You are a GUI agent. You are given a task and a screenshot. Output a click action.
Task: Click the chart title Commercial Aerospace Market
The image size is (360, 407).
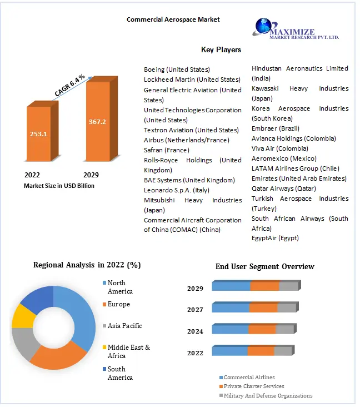click(173, 19)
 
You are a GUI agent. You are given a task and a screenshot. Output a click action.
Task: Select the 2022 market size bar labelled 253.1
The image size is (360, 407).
click(38, 133)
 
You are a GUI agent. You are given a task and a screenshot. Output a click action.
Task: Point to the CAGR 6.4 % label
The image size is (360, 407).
click(69, 84)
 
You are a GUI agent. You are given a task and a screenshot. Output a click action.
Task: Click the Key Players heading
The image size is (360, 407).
click(221, 49)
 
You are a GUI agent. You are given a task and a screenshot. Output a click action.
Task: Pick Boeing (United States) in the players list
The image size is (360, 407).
click(177, 70)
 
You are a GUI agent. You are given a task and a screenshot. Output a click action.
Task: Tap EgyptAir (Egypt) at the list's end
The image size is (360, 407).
click(275, 238)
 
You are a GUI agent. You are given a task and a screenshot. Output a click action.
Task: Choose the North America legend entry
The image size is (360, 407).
click(120, 287)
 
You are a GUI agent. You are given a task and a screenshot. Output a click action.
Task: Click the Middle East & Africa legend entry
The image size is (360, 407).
click(128, 351)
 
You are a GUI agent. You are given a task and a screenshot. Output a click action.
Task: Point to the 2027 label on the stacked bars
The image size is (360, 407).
click(195, 310)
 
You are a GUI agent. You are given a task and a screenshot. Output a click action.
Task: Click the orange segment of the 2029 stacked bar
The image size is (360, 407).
click(264, 286)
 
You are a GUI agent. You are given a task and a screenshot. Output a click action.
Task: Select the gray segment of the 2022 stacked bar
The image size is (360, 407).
click(282, 351)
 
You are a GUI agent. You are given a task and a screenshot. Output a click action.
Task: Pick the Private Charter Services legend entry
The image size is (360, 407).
click(253, 386)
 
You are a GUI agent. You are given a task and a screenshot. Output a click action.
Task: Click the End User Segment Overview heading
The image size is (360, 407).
click(264, 266)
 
